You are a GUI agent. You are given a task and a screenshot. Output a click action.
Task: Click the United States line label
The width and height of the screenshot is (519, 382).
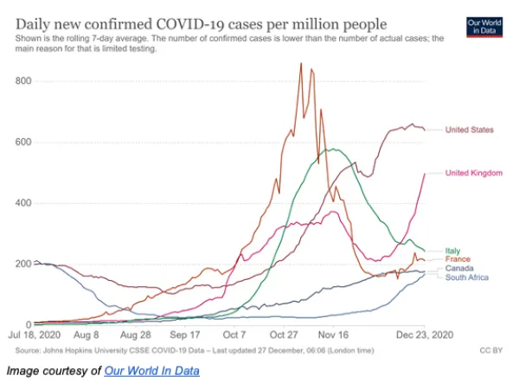click(x=469, y=130)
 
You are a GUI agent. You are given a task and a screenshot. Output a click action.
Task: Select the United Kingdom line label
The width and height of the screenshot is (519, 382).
click(x=473, y=173)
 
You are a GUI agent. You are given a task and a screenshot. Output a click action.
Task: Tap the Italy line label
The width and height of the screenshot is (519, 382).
click(x=452, y=251)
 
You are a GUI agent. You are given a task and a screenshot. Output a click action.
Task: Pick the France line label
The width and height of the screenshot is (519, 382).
click(x=457, y=259)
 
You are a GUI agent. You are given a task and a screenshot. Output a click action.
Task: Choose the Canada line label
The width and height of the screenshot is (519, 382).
click(x=458, y=269)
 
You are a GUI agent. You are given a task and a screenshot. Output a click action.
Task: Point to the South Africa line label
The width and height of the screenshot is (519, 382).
click(x=466, y=277)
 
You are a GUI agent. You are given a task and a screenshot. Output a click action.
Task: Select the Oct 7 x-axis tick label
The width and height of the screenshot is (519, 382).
click(x=234, y=334)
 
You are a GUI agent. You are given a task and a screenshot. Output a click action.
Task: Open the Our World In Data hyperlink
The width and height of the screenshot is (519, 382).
click(x=151, y=371)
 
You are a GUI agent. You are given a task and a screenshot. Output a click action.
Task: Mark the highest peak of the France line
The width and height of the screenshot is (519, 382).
click(x=301, y=63)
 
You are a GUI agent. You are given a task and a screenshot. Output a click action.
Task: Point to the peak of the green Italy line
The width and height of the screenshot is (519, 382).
click(x=331, y=150)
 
